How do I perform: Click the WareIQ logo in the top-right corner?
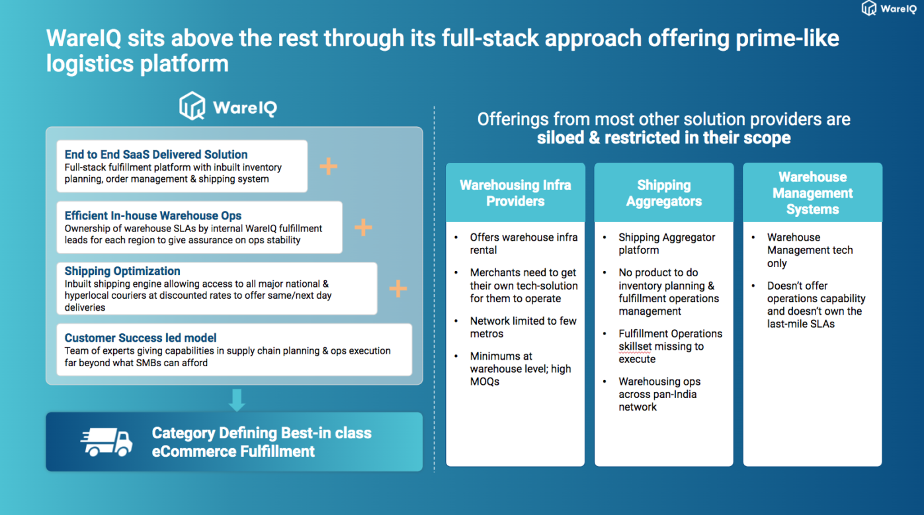[x=888, y=9]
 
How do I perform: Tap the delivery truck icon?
[x=106, y=442]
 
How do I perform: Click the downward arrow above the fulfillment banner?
[x=236, y=399]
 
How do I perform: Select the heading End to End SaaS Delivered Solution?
[x=156, y=154]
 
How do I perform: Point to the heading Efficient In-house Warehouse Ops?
[x=153, y=216]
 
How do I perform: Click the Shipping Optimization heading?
[x=122, y=271]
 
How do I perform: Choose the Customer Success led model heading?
[x=141, y=338]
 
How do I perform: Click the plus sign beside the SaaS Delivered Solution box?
[x=328, y=166]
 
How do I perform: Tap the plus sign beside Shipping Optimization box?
[x=398, y=288]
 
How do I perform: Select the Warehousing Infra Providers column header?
[x=515, y=193]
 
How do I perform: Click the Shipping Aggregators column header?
[x=664, y=193]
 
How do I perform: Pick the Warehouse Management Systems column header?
[x=812, y=193]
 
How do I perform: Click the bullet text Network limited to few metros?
[x=523, y=327]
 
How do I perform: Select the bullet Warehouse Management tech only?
[x=810, y=250]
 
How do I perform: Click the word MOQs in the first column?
[x=485, y=381]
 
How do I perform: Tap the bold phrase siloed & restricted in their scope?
[x=663, y=138]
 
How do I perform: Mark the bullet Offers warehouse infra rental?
[x=523, y=243]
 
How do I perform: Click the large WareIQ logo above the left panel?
[x=228, y=106]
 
